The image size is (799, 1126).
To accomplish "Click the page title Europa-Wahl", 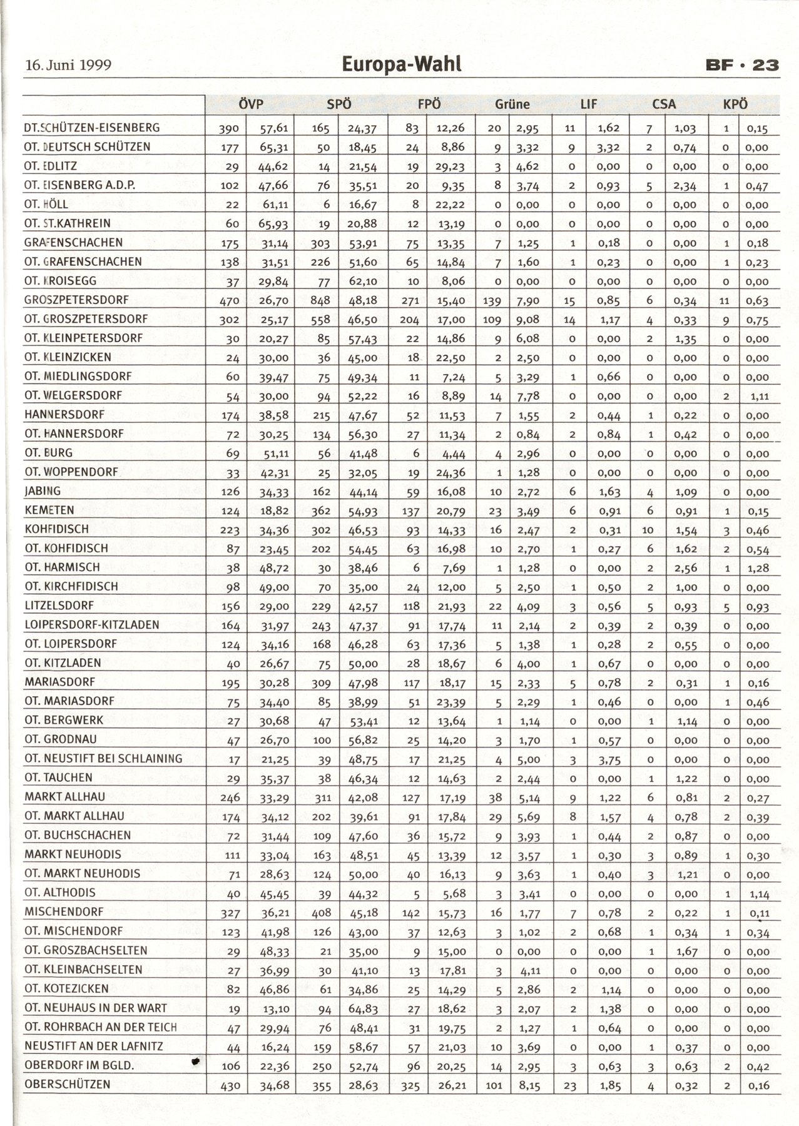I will click(402, 64).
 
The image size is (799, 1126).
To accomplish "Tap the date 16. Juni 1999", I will click(68, 65).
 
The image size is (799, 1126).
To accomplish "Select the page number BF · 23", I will click(741, 64).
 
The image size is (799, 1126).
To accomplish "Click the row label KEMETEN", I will click(49, 510).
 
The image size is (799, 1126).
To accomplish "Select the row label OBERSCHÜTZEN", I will click(67, 1084).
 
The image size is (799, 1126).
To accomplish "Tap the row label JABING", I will click(43, 491).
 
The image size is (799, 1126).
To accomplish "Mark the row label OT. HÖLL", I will click(46, 204).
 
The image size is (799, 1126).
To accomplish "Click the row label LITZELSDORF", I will click(59, 606).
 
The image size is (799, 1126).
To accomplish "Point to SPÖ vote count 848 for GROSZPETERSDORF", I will click(320, 301).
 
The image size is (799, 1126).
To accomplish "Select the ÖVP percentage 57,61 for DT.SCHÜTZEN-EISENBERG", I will click(273, 129).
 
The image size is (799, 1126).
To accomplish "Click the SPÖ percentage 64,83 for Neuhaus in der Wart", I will click(363, 1008).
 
